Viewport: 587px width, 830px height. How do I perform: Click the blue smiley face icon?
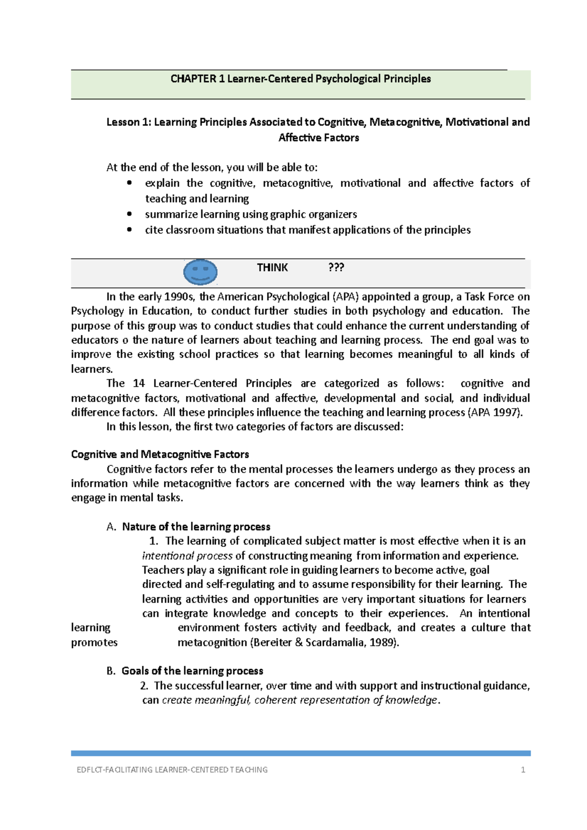(200, 272)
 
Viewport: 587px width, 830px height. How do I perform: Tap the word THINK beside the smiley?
(272, 267)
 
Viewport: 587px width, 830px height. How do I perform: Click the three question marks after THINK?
(336, 267)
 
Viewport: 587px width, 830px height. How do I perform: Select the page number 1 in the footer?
(523, 770)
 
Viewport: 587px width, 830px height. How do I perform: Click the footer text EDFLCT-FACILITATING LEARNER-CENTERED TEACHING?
(172, 770)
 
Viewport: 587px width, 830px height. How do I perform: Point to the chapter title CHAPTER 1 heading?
(300, 79)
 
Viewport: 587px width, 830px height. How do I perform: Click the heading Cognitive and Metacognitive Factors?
(160, 454)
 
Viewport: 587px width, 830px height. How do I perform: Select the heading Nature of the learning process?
(196, 526)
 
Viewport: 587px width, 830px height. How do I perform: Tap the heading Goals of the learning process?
(192, 671)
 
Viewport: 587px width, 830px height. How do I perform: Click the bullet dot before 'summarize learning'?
(129, 214)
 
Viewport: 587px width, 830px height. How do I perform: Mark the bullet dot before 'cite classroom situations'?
(129, 230)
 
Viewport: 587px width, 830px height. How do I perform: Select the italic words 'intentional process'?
(187, 556)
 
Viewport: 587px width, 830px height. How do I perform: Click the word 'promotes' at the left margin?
(94, 642)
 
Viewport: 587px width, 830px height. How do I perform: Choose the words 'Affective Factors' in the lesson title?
(318, 138)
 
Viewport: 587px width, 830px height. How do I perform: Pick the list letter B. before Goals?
(111, 671)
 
